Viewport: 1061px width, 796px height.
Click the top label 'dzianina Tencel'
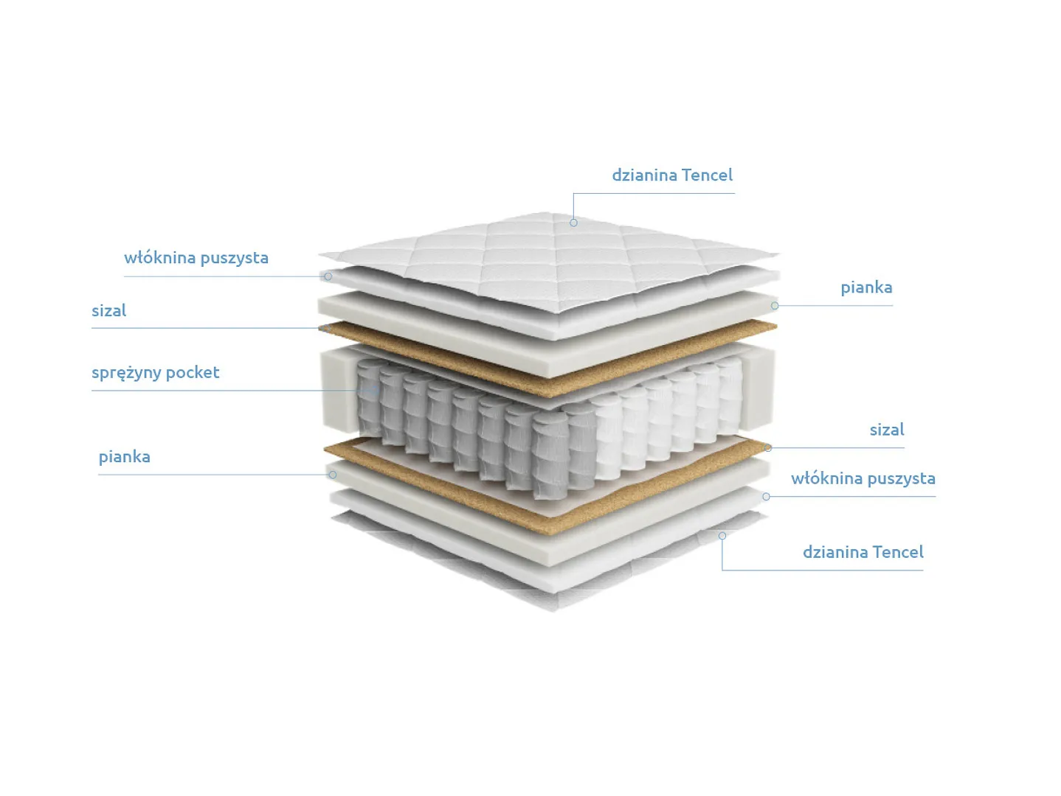point(672,175)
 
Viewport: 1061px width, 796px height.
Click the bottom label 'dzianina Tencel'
point(863,552)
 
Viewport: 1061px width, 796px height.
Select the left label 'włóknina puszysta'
point(196,258)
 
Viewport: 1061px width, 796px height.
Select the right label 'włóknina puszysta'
point(863,478)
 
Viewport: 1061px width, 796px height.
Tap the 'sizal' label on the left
point(108,310)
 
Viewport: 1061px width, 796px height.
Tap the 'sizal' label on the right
point(886,430)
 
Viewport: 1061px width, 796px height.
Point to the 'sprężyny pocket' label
point(155,373)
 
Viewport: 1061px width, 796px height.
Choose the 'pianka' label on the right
point(866,287)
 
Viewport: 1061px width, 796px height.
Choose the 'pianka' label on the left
point(124,457)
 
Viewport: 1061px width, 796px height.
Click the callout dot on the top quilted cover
point(573,223)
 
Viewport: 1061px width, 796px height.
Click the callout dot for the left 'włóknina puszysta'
point(328,276)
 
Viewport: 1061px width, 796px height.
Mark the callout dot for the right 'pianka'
point(775,306)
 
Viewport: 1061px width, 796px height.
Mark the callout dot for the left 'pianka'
point(333,475)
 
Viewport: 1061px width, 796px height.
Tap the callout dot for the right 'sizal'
point(768,448)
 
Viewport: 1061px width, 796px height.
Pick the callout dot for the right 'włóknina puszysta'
point(766,496)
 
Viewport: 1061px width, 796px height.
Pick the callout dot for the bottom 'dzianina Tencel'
point(722,535)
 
